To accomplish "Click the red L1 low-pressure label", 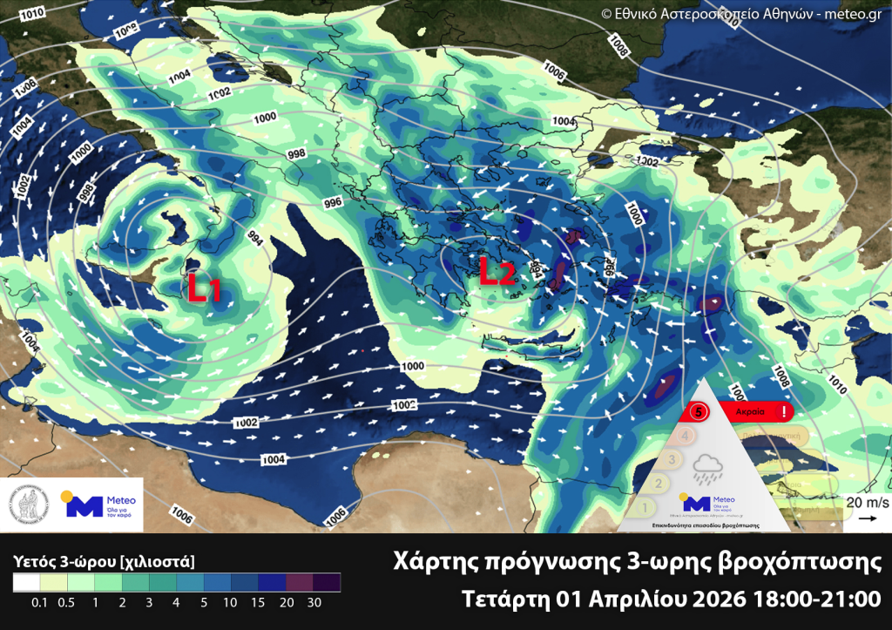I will pos(204,287).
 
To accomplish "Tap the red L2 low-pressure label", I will pos(497,273).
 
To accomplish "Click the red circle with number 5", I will pos(696,410).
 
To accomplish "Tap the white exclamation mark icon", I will pos(785,410).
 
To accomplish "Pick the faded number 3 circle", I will pos(672,459).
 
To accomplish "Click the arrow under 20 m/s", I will pos(868,518).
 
